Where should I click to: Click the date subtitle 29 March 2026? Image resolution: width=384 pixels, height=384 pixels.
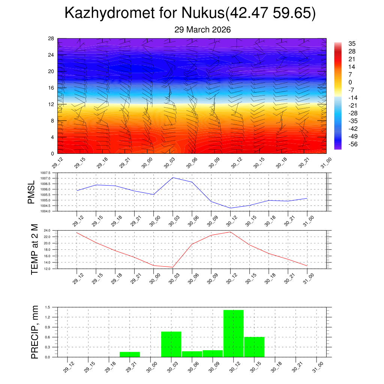pos(202,30)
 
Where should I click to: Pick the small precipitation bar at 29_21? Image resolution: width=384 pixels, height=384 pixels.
pos(130,354)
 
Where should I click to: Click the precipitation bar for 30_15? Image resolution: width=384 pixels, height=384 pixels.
pos(254,347)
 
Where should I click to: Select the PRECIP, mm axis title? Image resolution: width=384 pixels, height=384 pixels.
pos(34,332)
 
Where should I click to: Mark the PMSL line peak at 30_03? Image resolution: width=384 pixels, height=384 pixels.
pos(173,177)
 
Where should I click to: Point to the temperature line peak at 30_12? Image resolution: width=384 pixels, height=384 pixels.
pos(230,232)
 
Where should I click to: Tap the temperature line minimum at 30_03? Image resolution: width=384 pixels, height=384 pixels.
pos(173,267)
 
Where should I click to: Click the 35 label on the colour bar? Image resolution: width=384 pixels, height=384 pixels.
pos(352,43)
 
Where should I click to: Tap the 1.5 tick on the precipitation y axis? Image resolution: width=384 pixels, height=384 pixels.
pos(47,307)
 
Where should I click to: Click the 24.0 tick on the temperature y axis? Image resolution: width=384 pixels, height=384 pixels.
pos(47,230)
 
